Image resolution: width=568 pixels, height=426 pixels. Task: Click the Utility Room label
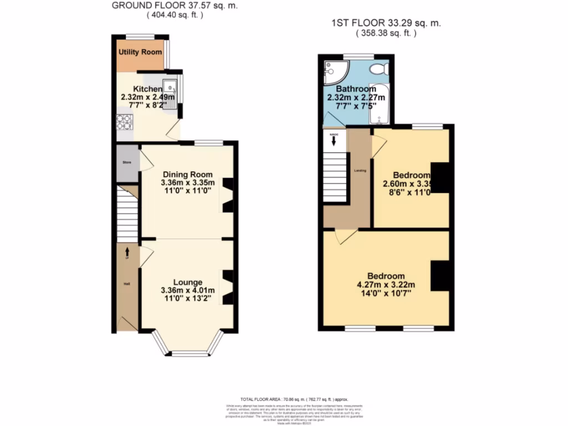[x=140, y=52]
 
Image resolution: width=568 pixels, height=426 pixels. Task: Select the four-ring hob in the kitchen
[x=123, y=121]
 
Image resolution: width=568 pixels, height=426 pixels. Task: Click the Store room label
[x=126, y=163]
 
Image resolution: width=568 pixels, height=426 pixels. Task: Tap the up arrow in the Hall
[x=127, y=252]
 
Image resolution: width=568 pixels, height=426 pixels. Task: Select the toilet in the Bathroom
[x=379, y=69]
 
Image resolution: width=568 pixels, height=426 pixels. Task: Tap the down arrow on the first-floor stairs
[x=334, y=141]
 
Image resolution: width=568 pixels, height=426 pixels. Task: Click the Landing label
[x=360, y=170]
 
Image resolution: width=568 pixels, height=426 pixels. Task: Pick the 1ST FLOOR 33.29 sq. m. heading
[x=386, y=23]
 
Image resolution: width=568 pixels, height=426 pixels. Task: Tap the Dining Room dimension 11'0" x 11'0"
[x=187, y=190]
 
